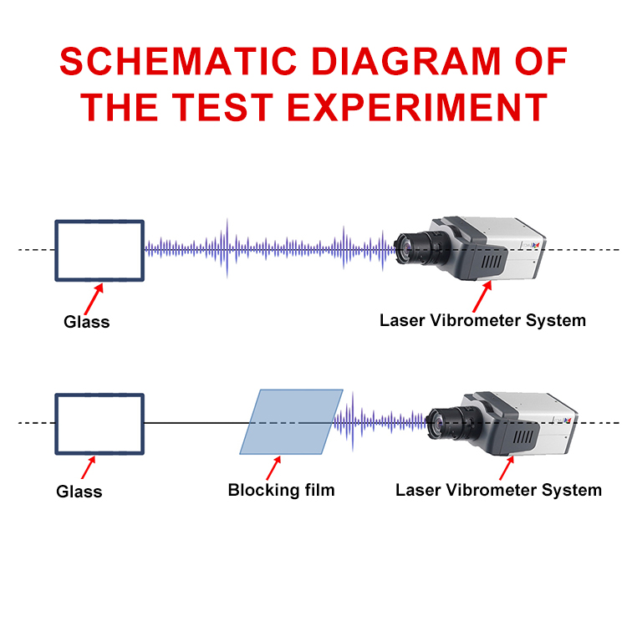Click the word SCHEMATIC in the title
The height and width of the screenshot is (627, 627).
click(x=178, y=61)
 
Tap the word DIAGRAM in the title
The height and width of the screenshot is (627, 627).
click(x=405, y=61)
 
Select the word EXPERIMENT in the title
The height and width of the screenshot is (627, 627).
click(x=417, y=107)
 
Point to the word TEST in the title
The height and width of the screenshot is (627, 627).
click(x=223, y=107)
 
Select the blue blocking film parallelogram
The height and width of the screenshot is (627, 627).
click(x=291, y=421)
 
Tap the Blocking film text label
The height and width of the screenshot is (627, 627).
click(x=281, y=490)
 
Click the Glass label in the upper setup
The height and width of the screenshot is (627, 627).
click(x=87, y=322)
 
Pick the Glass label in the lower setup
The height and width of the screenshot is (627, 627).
click(x=79, y=492)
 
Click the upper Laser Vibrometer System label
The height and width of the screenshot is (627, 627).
click(x=482, y=321)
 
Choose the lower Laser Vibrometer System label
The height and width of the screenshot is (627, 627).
click(x=498, y=490)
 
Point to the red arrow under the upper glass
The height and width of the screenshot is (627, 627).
click(x=94, y=299)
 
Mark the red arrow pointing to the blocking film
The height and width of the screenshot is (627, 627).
click(x=273, y=468)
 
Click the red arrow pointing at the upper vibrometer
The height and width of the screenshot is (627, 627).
click(x=482, y=296)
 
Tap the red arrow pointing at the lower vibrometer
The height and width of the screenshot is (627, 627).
click(x=507, y=468)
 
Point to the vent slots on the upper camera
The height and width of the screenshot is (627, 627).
click(x=492, y=262)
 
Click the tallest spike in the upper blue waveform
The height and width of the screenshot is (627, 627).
click(x=227, y=248)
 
